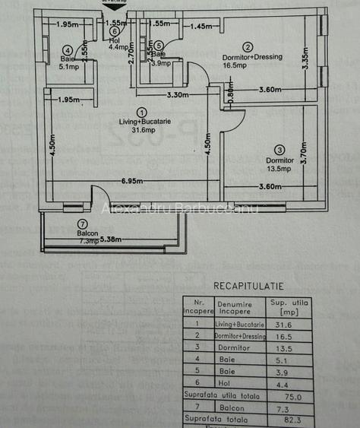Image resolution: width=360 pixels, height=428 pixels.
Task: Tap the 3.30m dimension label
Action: click(178, 96)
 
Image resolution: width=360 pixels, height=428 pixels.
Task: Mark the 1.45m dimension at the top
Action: click(201, 27)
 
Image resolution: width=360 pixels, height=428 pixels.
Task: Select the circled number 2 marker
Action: click(247, 47)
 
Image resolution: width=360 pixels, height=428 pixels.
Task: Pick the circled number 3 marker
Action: click(279, 150)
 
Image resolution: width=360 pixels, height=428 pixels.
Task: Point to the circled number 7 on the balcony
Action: click(81, 224)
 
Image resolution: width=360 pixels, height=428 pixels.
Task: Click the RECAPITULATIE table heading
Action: click(248, 287)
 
